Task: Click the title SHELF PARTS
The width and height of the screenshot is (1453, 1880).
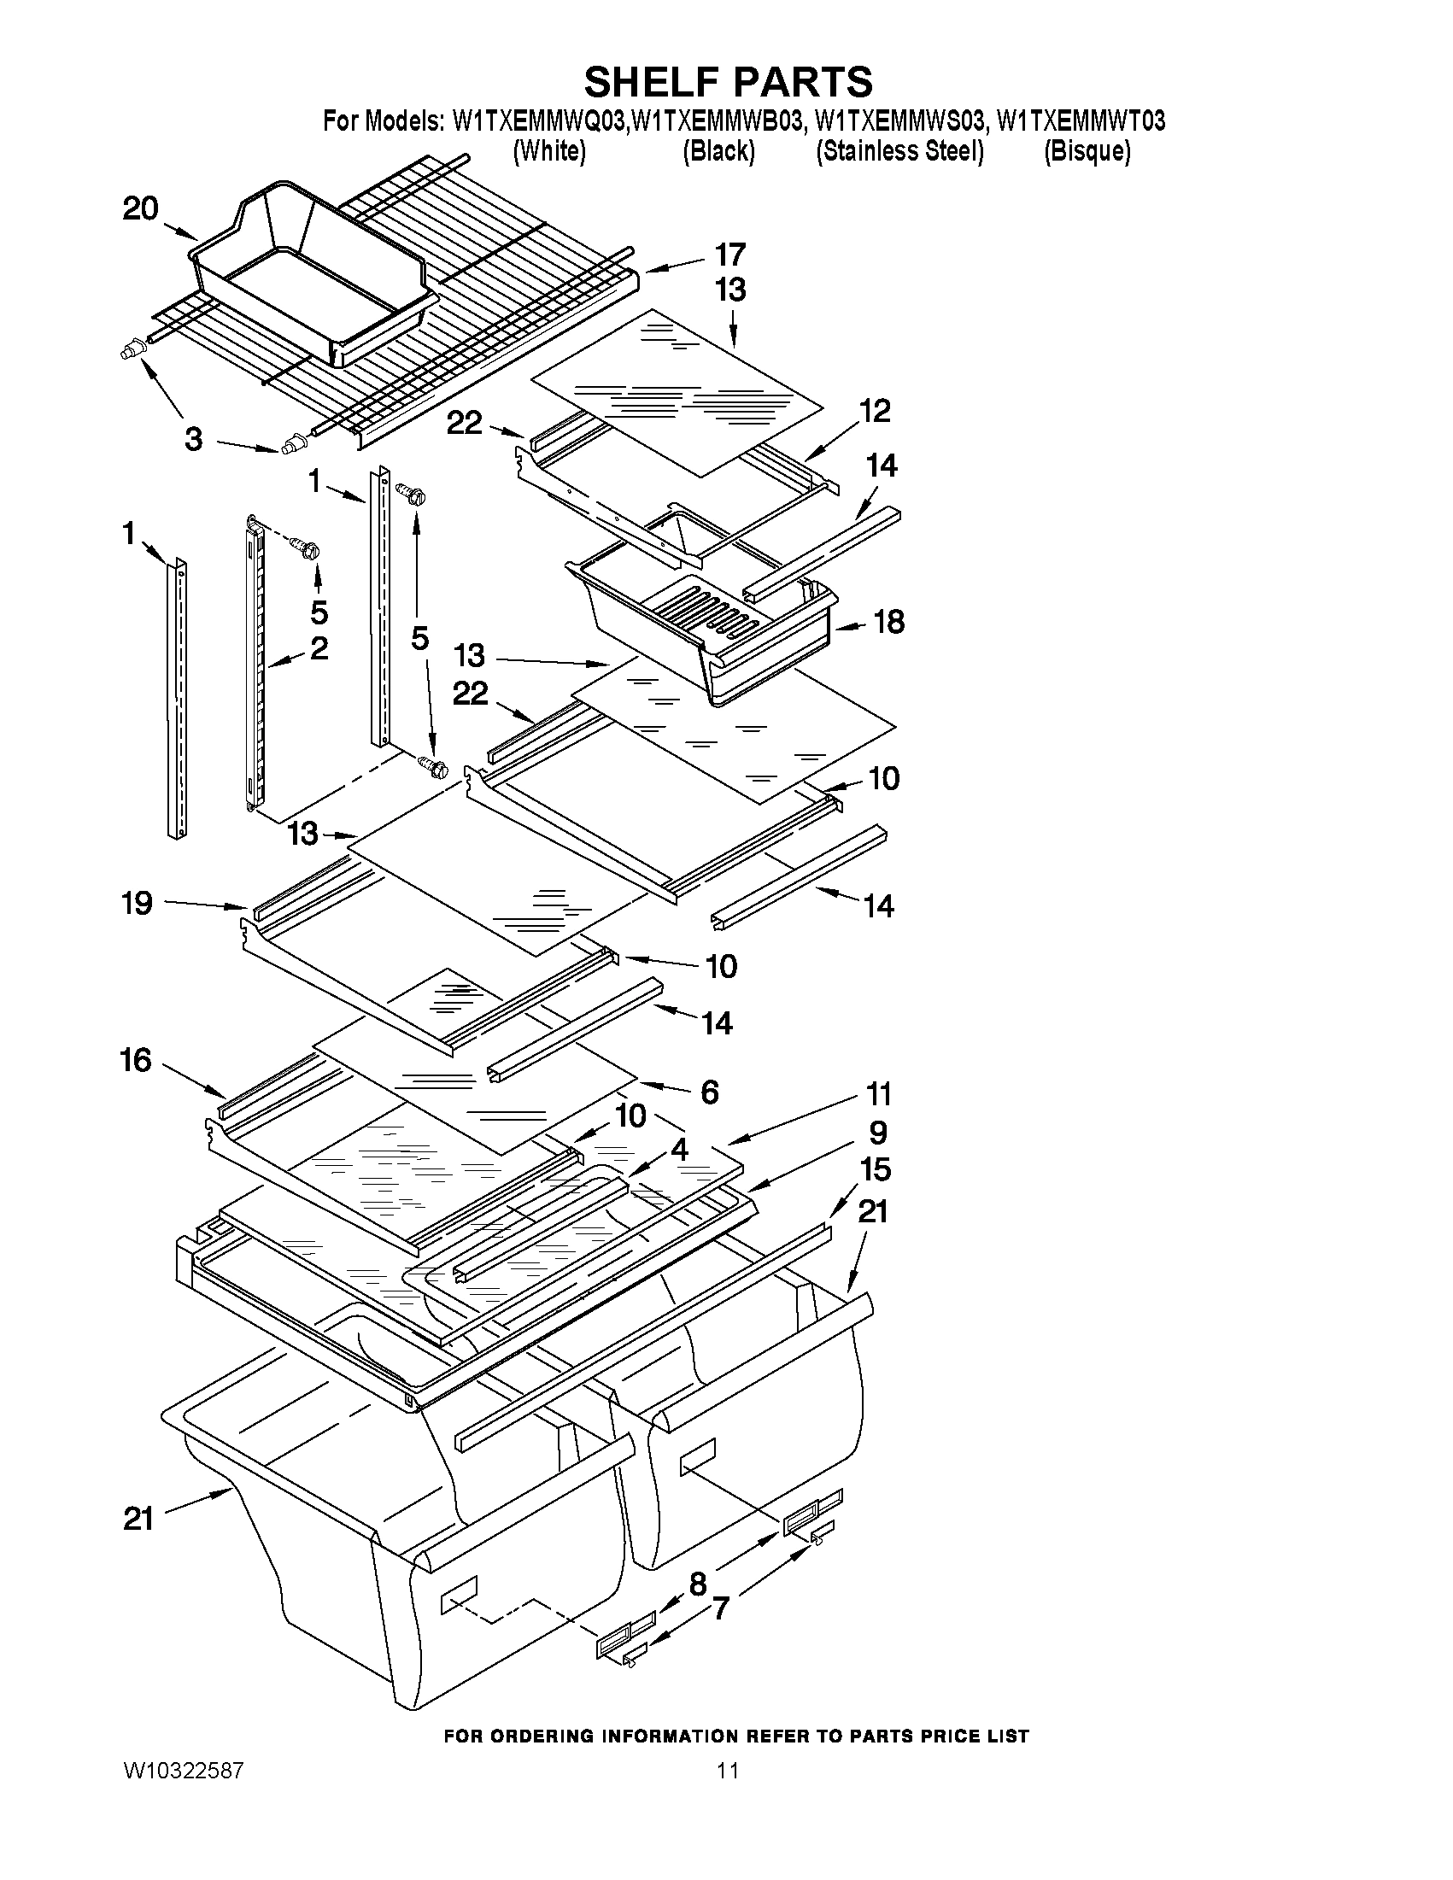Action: click(728, 82)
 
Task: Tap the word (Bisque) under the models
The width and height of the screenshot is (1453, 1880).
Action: click(1087, 151)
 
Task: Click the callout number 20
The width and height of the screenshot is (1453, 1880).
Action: click(140, 208)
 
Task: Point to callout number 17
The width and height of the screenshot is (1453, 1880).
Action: click(730, 255)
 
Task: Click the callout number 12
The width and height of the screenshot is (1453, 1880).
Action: click(875, 411)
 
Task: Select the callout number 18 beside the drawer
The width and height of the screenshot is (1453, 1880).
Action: click(889, 622)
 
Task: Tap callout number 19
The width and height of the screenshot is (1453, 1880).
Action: click(137, 903)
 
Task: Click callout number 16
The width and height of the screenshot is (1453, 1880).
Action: click(136, 1061)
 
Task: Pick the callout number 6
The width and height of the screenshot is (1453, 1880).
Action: click(709, 1092)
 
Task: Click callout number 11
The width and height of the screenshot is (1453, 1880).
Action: click(878, 1095)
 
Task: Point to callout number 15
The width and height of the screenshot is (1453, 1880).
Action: click(875, 1170)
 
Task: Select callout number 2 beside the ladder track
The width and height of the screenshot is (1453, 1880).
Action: click(319, 648)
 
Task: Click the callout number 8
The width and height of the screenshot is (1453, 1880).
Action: click(698, 1583)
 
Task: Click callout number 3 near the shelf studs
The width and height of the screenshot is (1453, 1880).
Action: click(194, 439)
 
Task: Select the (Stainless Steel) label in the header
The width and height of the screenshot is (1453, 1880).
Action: click(899, 151)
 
